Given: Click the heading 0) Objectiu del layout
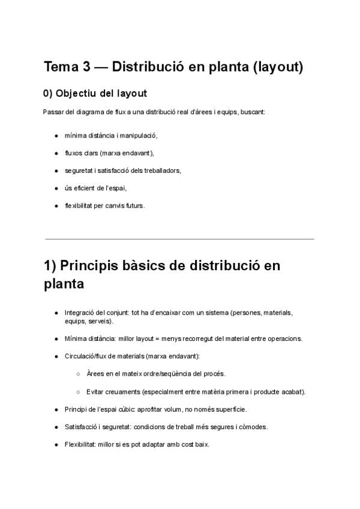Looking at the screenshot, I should (x=95, y=94).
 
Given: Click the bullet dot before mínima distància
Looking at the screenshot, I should (x=56, y=136).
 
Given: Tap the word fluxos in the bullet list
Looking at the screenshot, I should (x=73, y=153).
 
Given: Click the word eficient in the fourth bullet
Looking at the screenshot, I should (x=85, y=188).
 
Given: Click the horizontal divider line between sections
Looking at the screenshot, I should (x=179, y=239).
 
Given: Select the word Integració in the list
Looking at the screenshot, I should (x=79, y=313).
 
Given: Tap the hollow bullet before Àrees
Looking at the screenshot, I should (x=79, y=374).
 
